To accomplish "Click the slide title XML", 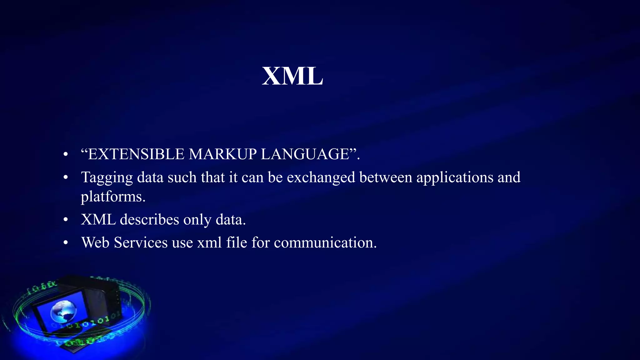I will pyautogui.click(x=292, y=76).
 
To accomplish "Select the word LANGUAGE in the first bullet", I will pyautogui.click(x=305, y=154).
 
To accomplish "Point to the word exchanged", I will pyautogui.click(x=321, y=177).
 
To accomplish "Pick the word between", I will pyautogui.click(x=386, y=177).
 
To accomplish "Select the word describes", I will pyautogui.click(x=149, y=219).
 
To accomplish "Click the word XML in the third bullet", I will pyautogui.click(x=98, y=219).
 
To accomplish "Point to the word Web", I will pyautogui.click(x=95, y=242).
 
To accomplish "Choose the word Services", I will pyautogui.click(x=141, y=242).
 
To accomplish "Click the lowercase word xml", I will pyautogui.click(x=209, y=242).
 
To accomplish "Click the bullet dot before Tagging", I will pyautogui.click(x=65, y=178).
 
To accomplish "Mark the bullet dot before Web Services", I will pyautogui.click(x=65, y=243).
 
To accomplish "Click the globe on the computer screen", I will pyautogui.click(x=63, y=311).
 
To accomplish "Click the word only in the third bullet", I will pyautogui.click(x=197, y=220).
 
